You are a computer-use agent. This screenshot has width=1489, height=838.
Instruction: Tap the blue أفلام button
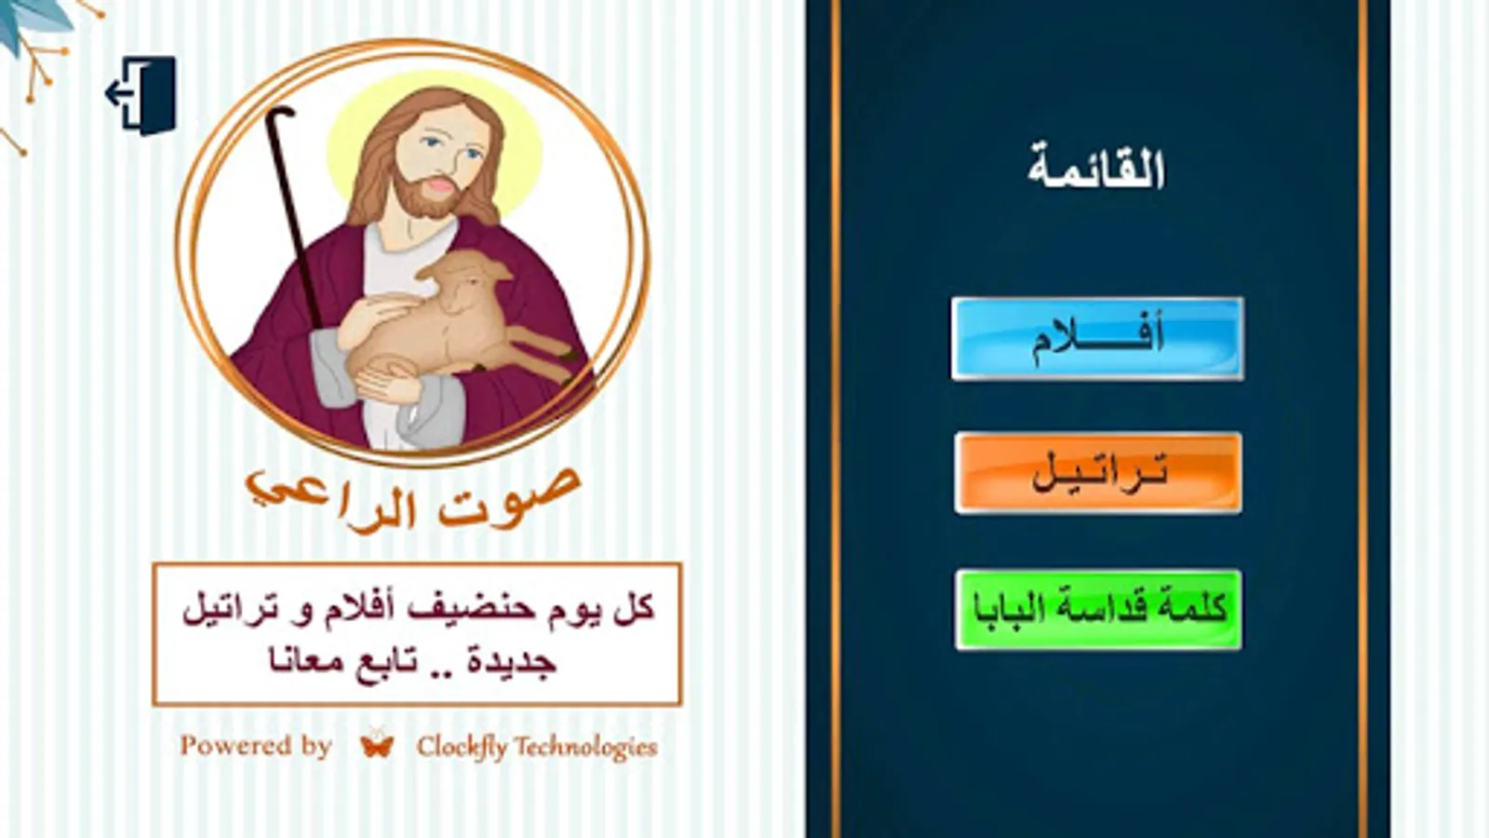(1097, 339)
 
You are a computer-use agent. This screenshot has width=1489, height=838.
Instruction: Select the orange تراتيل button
(1098, 473)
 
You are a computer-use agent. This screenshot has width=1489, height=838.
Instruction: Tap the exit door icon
(141, 95)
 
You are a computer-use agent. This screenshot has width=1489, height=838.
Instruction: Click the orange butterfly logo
(377, 744)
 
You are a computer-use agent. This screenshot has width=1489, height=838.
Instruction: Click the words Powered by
(256, 746)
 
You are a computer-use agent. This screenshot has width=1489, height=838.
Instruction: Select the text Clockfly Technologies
(537, 747)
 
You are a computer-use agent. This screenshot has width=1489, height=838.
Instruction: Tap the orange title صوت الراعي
(413, 499)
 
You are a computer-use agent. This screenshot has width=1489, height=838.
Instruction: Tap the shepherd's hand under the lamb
(385, 383)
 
